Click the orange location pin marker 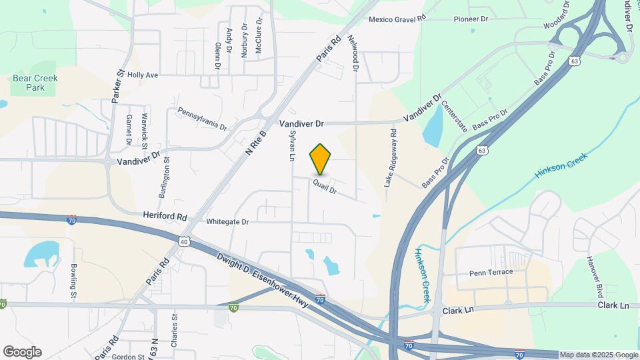320,159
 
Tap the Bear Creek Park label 35,83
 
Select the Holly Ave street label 143,75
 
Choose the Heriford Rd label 165,216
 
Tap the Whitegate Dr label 227,221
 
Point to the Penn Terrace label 491,272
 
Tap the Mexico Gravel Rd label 397,19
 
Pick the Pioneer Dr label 471,19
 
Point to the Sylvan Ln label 291,146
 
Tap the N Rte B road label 255,143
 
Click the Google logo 22,352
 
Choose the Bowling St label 73,281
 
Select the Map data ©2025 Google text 598,355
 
